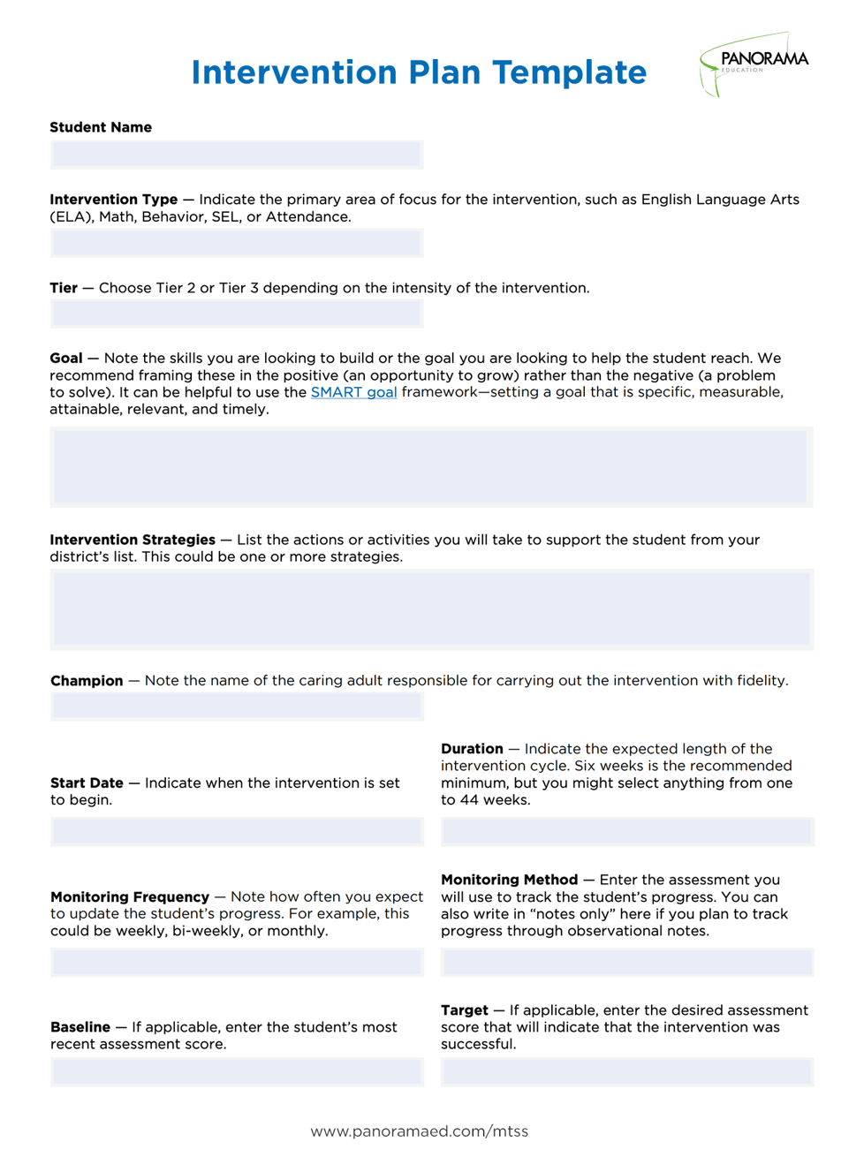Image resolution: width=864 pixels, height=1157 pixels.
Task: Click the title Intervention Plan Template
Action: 419,72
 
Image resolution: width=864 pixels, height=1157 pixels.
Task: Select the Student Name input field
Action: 237,155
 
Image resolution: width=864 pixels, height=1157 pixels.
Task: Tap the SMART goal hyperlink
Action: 353,392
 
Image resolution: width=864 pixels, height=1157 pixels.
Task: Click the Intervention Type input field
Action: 237,243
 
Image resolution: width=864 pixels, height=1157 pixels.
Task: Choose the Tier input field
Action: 237,314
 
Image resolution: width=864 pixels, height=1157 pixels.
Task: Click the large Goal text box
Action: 431,466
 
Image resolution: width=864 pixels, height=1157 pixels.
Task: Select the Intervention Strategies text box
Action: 431,609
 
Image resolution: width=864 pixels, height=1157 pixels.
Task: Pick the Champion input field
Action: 237,707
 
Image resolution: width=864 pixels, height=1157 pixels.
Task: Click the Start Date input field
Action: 237,831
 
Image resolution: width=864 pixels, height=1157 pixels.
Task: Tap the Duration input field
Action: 627,831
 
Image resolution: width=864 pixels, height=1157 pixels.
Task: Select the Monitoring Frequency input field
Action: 237,962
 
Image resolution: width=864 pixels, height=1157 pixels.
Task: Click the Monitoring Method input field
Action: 627,962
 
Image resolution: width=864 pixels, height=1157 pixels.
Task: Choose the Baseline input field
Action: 237,1072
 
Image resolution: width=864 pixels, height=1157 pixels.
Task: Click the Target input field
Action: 627,1072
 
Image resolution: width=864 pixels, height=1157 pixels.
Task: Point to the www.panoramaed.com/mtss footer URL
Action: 419,1131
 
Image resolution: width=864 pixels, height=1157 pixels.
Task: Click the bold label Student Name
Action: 101,127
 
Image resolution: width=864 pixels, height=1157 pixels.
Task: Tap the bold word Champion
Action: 87,681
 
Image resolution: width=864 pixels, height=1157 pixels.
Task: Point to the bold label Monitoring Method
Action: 509,880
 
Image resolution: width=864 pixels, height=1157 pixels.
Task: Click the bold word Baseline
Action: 80,1027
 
